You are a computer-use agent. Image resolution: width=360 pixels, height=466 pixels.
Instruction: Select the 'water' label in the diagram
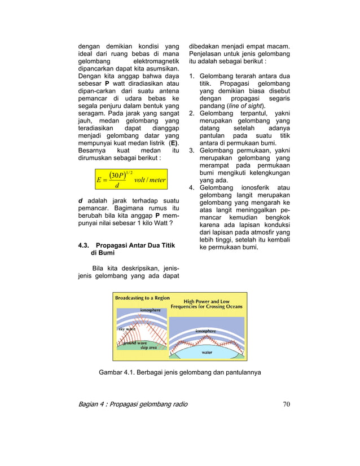tap(207, 351)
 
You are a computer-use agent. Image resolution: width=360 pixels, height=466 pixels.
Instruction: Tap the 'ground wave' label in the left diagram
tap(134, 342)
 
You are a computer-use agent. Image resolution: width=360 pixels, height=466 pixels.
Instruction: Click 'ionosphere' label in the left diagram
tap(150, 310)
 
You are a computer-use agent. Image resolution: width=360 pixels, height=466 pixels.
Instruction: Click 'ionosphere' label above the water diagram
tap(205, 331)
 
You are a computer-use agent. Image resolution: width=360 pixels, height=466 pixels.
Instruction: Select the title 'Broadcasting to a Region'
tap(142, 297)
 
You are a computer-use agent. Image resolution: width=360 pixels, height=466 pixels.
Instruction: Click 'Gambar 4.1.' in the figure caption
tap(117, 372)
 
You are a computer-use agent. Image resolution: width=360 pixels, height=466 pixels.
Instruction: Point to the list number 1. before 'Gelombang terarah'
tap(192, 76)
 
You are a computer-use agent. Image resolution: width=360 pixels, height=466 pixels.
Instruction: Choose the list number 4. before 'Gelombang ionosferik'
tap(192, 187)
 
